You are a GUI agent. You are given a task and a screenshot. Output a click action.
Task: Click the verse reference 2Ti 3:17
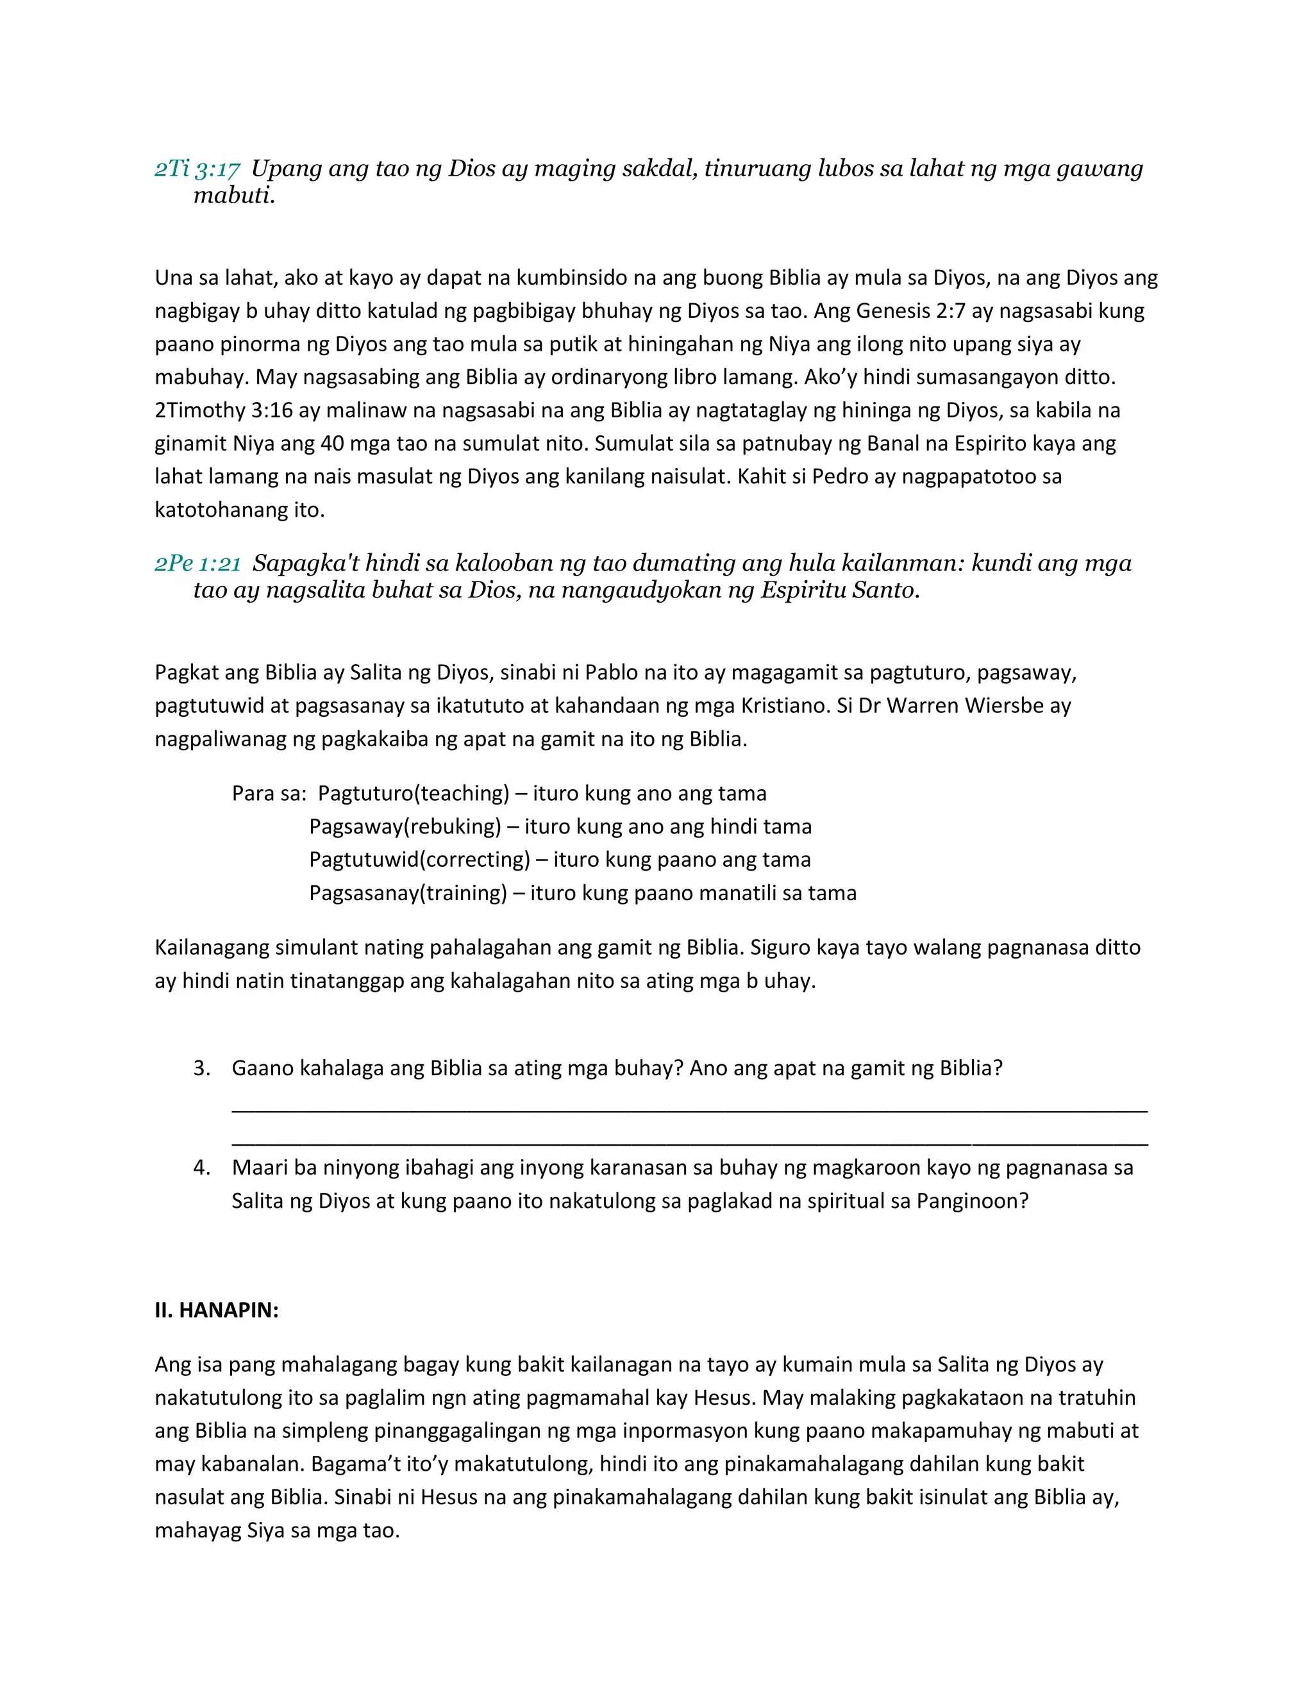(197, 169)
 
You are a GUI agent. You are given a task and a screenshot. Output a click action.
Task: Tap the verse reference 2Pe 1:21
(197, 563)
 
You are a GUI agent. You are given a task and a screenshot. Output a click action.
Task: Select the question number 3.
(201, 1068)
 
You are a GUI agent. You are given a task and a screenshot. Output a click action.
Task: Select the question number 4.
(201, 1168)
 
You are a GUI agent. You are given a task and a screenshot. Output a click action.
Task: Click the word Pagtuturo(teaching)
(413, 794)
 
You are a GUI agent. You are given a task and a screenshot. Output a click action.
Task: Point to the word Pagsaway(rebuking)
(405, 826)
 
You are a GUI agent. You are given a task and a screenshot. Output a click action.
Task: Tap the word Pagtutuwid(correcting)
(419, 860)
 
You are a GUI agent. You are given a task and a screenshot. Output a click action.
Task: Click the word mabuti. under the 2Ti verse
(234, 196)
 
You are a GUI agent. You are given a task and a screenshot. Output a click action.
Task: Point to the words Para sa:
(269, 794)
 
